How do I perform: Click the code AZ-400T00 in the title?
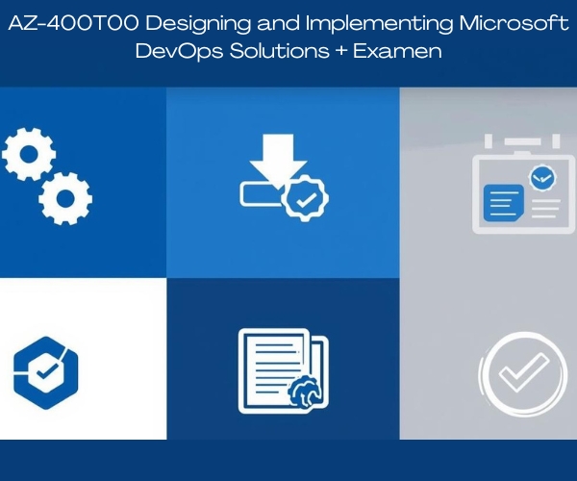tap(74, 23)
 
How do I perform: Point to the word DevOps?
tap(179, 52)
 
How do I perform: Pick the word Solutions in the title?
tap(279, 51)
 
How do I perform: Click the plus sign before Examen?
tap(341, 51)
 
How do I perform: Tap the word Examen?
tap(397, 51)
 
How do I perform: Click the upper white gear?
tap(29, 154)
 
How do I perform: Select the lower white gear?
tap(65, 198)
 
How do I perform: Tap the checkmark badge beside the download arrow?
tap(305, 198)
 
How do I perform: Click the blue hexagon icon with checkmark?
tap(45, 373)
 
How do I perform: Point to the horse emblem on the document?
tap(305, 392)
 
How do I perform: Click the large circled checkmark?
tap(523, 374)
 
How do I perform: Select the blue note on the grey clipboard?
tap(503, 203)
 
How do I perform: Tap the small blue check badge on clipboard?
tap(542, 179)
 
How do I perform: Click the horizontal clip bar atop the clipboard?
tap(522, 141)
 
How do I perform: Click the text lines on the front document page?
tap(277, 368)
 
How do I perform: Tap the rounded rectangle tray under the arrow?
tap(261, 194)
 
